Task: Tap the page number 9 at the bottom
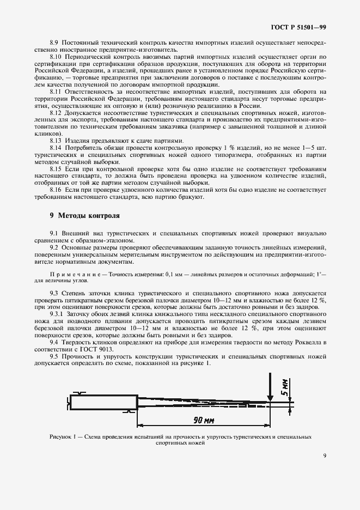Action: (324, 456)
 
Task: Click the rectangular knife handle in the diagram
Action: (102, 403)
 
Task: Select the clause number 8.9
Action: (54, 42)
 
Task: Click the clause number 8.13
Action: (56, 141)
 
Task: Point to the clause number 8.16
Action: (56, 190)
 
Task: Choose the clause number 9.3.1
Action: (57, 314)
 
